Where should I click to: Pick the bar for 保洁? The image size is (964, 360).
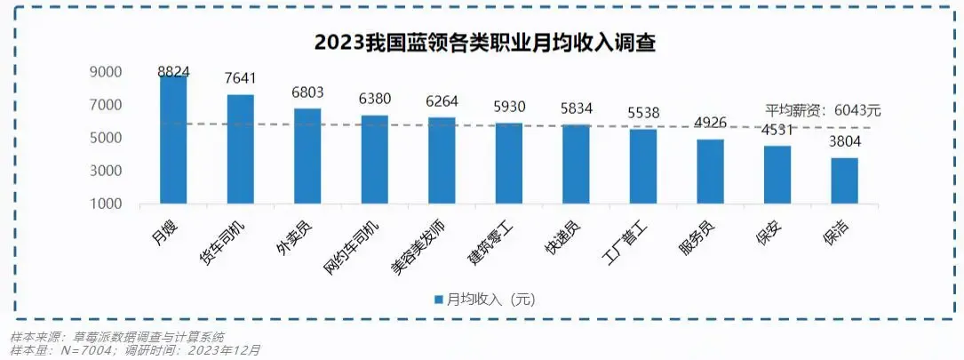(844, 181)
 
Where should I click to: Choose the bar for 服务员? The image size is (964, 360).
(710, 172)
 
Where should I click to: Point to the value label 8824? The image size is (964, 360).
(174, 71)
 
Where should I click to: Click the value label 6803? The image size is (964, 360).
(308, 92)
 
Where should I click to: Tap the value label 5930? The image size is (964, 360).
(509, 108)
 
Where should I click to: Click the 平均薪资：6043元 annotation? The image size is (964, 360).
(823, 110)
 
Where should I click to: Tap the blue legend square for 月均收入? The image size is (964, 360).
(437, 300)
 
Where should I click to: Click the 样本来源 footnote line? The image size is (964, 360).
(116, 337)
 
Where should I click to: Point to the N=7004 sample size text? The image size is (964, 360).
(89, 350)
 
